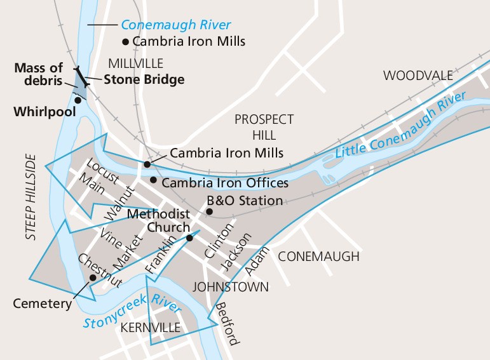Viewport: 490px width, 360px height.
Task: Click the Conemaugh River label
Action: click(175, 25)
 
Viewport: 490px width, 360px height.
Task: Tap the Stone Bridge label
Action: click(144, 80)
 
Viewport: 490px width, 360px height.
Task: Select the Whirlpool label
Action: click(44, 112)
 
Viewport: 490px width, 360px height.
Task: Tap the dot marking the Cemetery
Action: click(93, 277)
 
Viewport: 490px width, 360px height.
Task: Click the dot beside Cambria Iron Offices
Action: click(153, 180)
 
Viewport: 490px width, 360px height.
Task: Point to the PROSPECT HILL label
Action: click(264, 126)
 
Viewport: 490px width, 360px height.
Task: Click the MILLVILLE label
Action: click(135, 63)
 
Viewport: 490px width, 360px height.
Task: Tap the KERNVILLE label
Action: click(150, 328)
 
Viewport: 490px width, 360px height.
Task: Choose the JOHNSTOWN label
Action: click(231, 286)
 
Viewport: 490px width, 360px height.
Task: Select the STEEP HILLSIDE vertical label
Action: click(31, 197)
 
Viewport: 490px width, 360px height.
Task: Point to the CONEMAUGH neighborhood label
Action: click(318, 257)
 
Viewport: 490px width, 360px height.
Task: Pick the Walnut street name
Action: click(120, 203)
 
